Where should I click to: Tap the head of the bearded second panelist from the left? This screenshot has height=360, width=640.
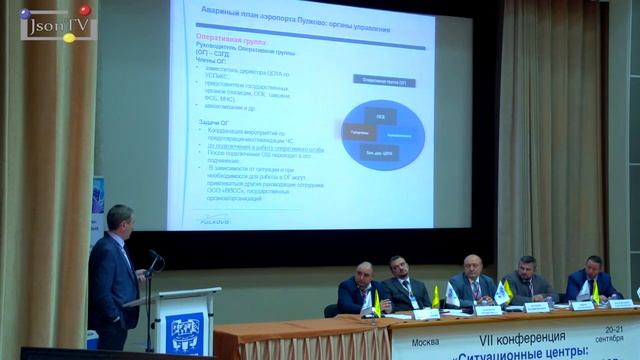point(399,267)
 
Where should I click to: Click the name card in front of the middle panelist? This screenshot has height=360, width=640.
point(480,308)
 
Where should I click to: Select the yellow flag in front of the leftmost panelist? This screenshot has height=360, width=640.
point(377,303)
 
